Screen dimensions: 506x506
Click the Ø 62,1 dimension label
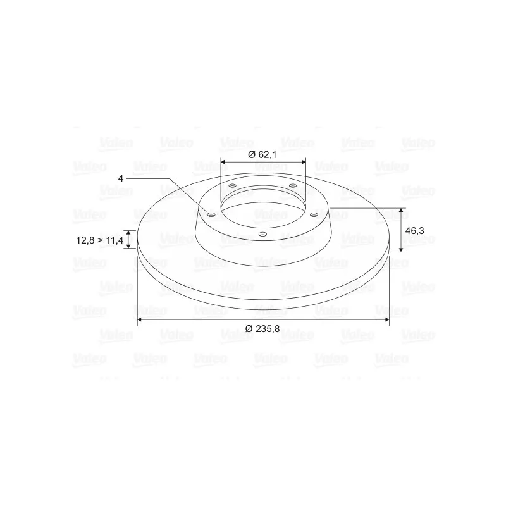[262, 155]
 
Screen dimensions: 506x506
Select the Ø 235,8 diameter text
[262, 329]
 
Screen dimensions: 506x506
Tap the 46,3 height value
[415, 231]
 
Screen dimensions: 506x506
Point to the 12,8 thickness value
[85, 240]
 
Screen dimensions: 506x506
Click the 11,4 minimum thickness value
[114, 240]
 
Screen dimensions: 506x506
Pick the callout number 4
[121, 178]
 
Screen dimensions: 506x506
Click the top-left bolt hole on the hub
[232, 186]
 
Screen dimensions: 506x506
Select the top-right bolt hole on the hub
[293, 185]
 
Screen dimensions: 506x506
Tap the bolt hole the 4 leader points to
[211, 215]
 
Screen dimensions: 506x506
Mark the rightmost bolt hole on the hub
[314, 214]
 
